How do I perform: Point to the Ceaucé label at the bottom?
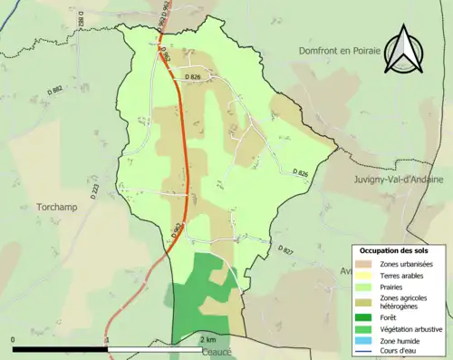pyautogui.click(x=214, y=352)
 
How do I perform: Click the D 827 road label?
pyautogui.click(x=287, y=249)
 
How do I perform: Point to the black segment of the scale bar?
pyautogui.click(x=60, y=347)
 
